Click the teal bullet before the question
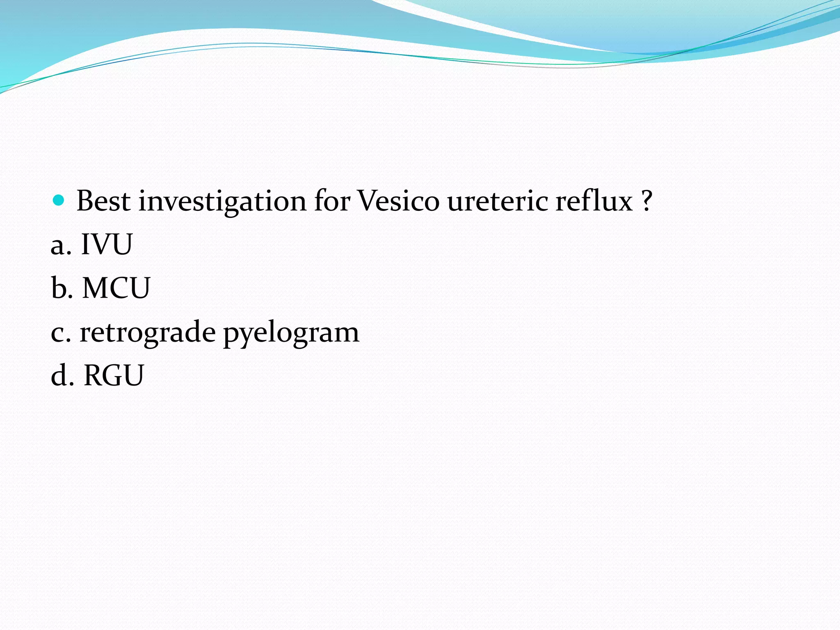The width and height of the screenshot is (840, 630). (59, 200)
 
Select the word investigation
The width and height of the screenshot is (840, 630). (222, 202)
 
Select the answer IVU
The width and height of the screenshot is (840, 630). (107, 244)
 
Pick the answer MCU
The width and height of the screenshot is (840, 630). (116, 288)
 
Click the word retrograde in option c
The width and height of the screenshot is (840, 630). (148, 332)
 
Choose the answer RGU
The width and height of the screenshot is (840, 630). (114, 375)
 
